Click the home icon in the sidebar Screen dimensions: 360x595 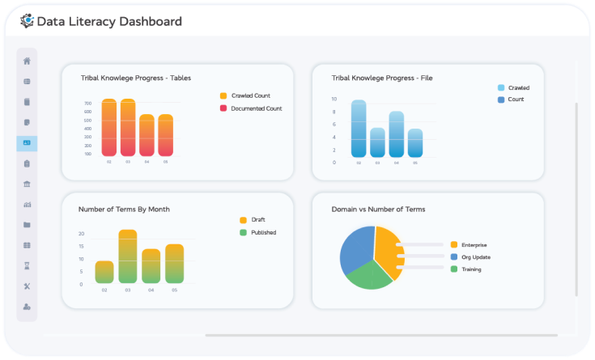27,61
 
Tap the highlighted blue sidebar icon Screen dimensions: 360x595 27,143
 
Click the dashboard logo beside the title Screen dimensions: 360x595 27,21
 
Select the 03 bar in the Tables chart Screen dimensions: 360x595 128,127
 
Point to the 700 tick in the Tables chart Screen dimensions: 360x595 87,104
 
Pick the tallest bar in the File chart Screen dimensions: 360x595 359,129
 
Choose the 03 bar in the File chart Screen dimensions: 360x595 377,142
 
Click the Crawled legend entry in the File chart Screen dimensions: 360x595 512,87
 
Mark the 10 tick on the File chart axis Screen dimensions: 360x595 334,99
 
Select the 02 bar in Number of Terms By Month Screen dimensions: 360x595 104,272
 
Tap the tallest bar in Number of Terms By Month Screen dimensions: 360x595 128,256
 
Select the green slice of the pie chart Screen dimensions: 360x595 368,275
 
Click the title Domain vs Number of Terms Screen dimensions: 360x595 378,209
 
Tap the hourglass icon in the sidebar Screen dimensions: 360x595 27,265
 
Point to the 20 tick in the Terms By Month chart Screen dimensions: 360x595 82,234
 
